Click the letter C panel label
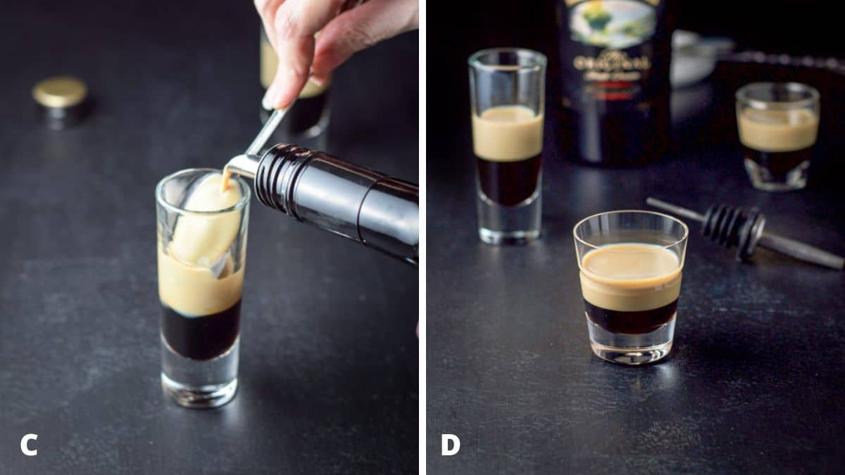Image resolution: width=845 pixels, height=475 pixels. pos(29,445)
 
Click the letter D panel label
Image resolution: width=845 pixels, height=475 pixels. pos(451,445)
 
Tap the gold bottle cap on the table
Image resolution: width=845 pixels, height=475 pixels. pos(60,94)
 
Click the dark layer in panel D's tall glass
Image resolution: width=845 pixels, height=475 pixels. pos(508,179)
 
